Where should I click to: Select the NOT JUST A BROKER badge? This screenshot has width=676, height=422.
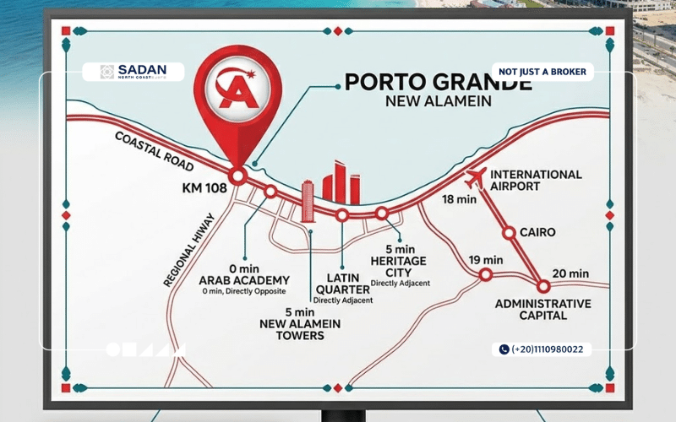coord(542,72)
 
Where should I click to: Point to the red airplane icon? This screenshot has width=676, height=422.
coord(476,178)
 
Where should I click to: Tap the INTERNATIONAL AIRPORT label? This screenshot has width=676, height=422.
coord(537,180)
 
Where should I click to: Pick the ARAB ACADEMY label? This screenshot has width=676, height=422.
coord(244,280)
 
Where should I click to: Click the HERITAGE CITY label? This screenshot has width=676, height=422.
coord(399,267)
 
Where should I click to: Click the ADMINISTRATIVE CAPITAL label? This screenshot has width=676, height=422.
coord(542,310)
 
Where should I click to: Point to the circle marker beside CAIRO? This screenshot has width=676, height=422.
coord(509,232)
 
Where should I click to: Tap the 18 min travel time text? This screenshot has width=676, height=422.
coord(460,200)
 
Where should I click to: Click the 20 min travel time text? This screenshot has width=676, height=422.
coord(570,273)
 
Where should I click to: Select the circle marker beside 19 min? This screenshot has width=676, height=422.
coord(486,274)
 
